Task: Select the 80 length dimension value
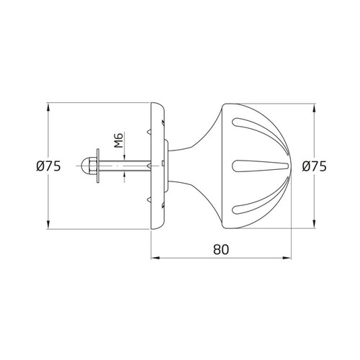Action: [221, 250]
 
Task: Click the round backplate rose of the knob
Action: [156, 166]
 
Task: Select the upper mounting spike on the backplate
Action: [150, 132]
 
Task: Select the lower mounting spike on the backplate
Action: [150, 199]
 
